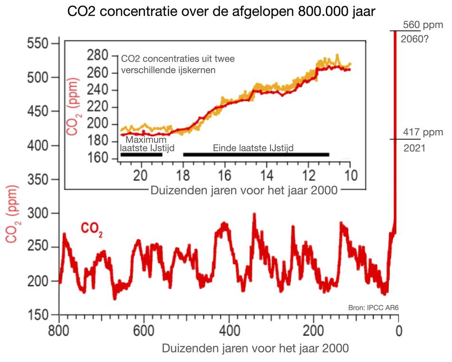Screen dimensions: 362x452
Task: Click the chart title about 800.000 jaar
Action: pos(222,11)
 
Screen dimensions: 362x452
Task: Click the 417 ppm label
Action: pos(422,132)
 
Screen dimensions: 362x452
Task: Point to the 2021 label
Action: pos(414,148)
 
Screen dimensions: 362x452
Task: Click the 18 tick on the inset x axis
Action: pos(183,174)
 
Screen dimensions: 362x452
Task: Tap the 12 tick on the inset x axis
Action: pos(308,174)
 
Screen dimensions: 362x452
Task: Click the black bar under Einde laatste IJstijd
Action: pos(256,154)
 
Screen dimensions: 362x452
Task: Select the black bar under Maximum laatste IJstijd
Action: pos(141,154)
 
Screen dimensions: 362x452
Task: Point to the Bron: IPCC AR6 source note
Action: pos(374,308)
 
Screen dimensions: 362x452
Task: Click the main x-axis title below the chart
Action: pos(255,348)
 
